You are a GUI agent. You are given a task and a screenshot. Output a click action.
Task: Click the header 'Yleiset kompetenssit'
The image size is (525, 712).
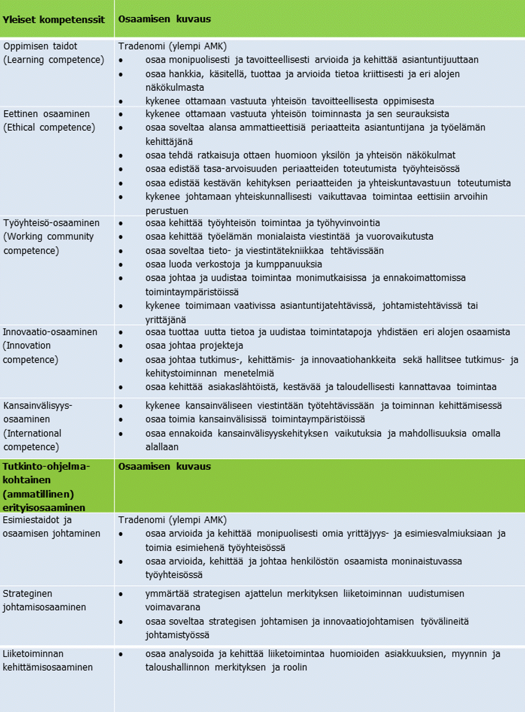click(54, 20)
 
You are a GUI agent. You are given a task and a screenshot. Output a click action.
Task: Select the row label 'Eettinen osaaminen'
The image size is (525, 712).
click(47, 114)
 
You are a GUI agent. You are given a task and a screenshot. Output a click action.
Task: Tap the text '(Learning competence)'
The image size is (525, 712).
click(54, 60)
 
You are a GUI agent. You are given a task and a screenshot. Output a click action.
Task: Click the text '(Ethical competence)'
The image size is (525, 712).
click(49, 128)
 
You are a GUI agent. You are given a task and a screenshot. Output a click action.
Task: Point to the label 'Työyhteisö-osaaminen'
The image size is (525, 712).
click(51, 223)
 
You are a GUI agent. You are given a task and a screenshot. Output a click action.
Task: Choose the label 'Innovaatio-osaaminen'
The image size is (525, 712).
click(50, 332)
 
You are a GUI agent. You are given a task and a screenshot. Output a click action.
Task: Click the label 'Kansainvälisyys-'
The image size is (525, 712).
click(38, 405)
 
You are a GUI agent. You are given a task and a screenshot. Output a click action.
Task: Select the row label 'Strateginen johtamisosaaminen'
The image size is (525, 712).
click(44, 600)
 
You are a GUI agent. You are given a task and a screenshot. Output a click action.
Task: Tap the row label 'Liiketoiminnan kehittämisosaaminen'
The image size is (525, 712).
click(48, 660)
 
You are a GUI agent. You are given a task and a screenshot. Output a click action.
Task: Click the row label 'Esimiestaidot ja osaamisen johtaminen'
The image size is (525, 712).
click(51, 526)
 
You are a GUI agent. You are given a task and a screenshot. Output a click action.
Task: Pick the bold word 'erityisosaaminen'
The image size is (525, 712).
click(44, 508)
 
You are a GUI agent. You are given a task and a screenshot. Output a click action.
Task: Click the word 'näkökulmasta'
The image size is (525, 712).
click(175, 88)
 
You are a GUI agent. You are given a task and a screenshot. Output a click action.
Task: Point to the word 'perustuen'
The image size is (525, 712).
click(167, 210)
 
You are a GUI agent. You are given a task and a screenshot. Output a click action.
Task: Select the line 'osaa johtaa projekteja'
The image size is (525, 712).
click(194, 346)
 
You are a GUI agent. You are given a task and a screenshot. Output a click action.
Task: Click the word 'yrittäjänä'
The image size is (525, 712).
click(166, 319)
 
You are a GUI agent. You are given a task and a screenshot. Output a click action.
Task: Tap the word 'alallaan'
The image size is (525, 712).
click(162, 447)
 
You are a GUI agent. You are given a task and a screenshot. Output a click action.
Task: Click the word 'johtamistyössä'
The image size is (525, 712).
click(177, 635)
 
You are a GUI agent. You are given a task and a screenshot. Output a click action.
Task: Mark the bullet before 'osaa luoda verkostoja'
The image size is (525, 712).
click(121, 265)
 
